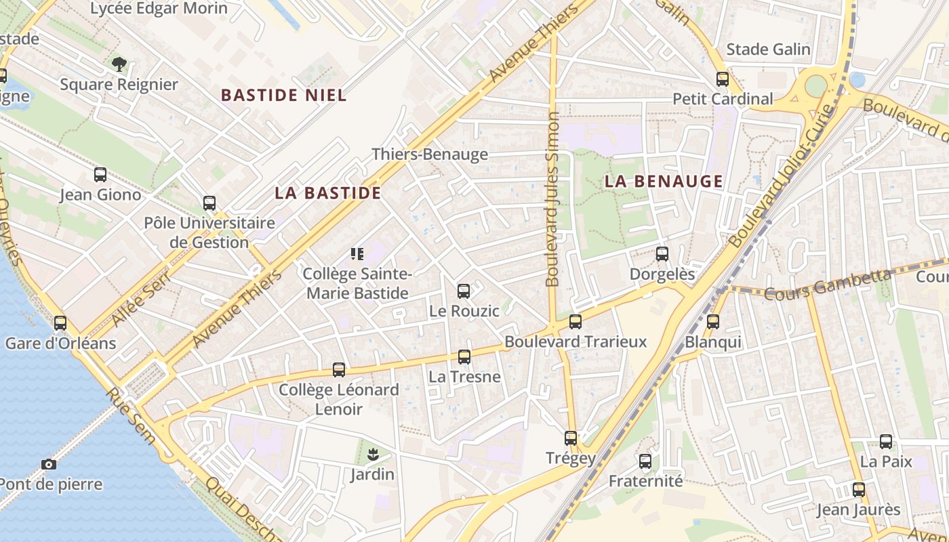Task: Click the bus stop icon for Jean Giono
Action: tap(100, 175)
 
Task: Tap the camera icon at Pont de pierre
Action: tap(48, 464)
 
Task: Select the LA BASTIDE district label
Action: tap(328, 193)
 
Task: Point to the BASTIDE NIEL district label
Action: tap(284, 96)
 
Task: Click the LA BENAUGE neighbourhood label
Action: tap(664, 182)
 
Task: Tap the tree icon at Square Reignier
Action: tap(119, 64)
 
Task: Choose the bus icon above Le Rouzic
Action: tap(464, 291)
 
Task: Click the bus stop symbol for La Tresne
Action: tap(464, 357)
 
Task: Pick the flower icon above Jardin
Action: tap(372, 455)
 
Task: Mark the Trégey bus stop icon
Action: tap(571, 438)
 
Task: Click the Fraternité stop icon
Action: tap(645, 461)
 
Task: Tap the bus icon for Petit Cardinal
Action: tap(723, 79)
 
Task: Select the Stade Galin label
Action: tap(768, 49)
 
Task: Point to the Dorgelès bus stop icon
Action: tap(662, 254)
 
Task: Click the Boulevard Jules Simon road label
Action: tap(553, 199)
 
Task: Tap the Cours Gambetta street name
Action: tap(828, 285)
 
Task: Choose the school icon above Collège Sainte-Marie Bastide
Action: tap(357, 254)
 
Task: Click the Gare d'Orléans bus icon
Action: tap(60, 323)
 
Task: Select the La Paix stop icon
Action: tap(886, 442)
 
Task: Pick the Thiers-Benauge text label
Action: tap(430, 154)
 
